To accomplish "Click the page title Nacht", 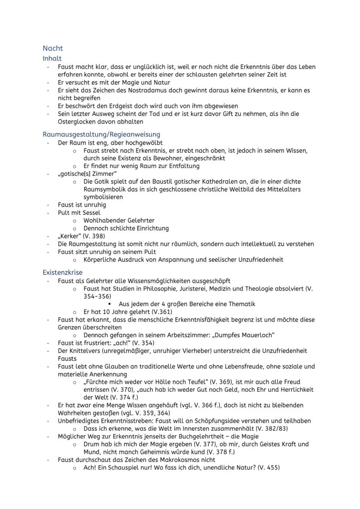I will click(53, 48).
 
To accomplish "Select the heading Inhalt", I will click(52, 58).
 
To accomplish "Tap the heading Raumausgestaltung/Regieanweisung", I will click(101, 134).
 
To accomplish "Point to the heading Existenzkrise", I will click(63, 273).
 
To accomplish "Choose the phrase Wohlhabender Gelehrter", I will click(119, 220).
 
